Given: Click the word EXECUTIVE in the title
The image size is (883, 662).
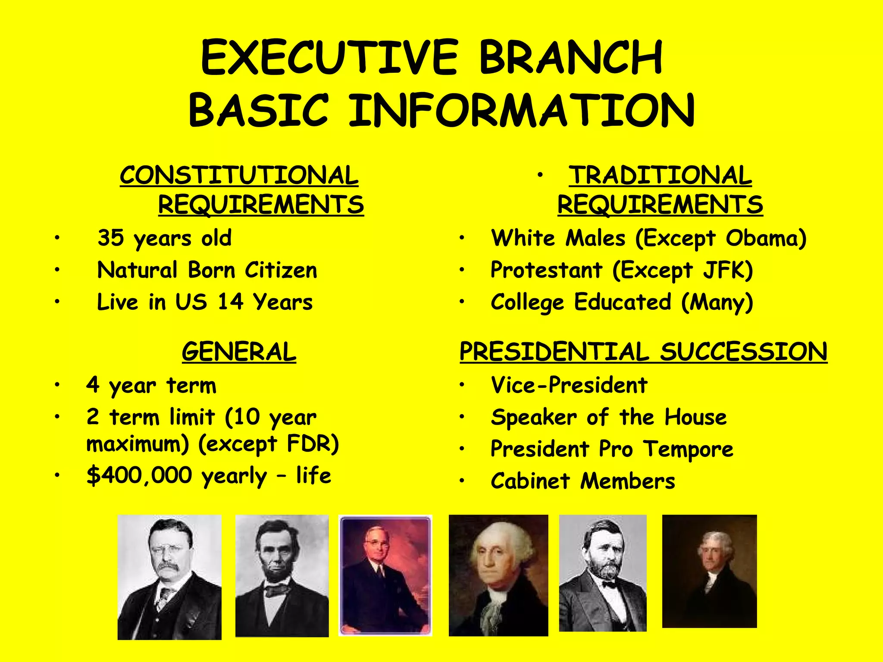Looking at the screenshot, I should point(329,58).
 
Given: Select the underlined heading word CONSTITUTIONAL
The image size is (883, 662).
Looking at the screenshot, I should point(239,175).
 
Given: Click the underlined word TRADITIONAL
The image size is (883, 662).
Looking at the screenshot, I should point(660,175).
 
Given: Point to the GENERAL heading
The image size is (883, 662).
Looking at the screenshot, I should point(239,352).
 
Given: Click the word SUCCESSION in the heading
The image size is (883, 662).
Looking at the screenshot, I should point(744,352).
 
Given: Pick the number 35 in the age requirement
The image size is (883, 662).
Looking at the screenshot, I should point(111,237).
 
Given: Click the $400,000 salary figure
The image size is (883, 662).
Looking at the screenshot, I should point(139,475).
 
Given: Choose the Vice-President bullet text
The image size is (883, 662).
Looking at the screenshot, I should point(569,385).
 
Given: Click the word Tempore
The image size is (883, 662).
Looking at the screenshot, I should point(688,449).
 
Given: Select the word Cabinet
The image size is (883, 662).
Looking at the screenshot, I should point(530,481).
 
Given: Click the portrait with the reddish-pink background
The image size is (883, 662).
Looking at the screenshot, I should point(385,575).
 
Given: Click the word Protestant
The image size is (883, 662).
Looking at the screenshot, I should point(546,270).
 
